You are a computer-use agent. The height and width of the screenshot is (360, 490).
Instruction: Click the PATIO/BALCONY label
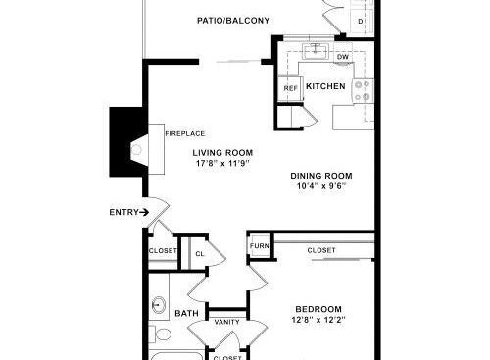pyautogui.click(x=233, y=21)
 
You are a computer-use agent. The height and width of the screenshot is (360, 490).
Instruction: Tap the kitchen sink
pyautogui.click(x=315, y=51)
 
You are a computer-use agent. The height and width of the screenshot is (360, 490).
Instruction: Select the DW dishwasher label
pyautogui.click(x=343, y=57)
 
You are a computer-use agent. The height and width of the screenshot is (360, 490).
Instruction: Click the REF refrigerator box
pyautogui.click(x=290, y=88)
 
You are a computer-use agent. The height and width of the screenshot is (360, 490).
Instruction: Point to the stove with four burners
pyautogui.click(x=363, y=91)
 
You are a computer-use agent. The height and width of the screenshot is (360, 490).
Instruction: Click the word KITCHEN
pyautogui.click(x=325, y=86)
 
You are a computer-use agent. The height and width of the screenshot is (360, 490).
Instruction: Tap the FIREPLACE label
pyautogui.click(x=185, y=133)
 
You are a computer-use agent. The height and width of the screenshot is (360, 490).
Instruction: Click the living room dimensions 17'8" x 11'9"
pyautogui.click(x=222, y=163)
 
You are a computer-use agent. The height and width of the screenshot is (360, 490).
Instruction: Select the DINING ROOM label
pyautogui.click(x=321, y=176)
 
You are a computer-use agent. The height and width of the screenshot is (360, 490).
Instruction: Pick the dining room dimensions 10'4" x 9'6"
pyautogui.click(x=321, y=186)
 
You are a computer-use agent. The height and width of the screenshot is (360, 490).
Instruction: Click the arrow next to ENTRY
pyautogui.click(x=144, y=213)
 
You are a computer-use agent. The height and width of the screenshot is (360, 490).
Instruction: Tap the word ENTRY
pyautogui.click(x=124, y=213)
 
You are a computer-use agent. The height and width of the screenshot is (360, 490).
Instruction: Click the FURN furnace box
pyautogui.click(x=260, y=245)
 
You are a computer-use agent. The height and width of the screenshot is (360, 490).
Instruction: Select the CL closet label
pyautogui.click(x=200, y=254)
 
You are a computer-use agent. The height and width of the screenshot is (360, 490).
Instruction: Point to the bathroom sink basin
pyautogui.click(x=159, y=305)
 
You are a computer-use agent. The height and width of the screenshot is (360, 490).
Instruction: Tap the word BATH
pyautogui.click(x=186, y=314)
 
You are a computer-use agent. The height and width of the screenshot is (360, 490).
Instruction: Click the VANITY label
pyautogui.click(x=227, y=322)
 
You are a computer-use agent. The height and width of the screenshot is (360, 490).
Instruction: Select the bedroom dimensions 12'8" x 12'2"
pyautogui.click(x=318, y=320)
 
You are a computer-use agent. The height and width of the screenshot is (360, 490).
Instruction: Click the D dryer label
pyautogui.click(x=361, y=22)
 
